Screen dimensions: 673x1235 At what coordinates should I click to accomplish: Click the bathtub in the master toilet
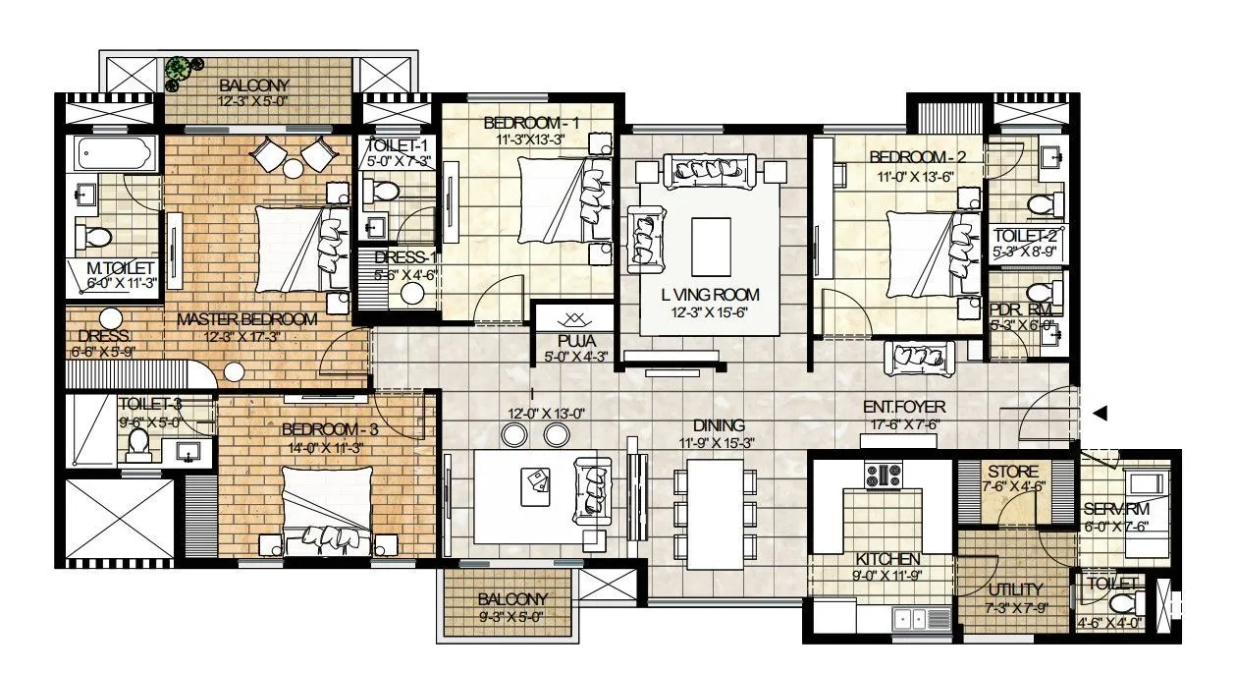point(116,154)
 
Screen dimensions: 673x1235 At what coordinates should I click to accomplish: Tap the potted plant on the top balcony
point(179,69)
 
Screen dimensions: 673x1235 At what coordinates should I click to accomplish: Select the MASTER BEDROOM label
point(246,319)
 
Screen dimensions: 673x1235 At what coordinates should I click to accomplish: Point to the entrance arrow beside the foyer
point(1101,414)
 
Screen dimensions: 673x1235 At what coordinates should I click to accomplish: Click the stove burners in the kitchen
point(883,476)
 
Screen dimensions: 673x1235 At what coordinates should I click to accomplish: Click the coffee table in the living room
point(712,246)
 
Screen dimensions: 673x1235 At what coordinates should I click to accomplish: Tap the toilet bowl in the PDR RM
point(1040,294)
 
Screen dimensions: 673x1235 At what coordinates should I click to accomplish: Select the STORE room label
point(1013,473)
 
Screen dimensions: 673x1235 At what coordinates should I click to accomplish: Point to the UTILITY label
point(1011,589)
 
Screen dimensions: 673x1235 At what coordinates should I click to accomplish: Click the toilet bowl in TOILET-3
point(136,447)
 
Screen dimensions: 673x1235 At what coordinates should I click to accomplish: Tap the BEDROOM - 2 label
point(911,158)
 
